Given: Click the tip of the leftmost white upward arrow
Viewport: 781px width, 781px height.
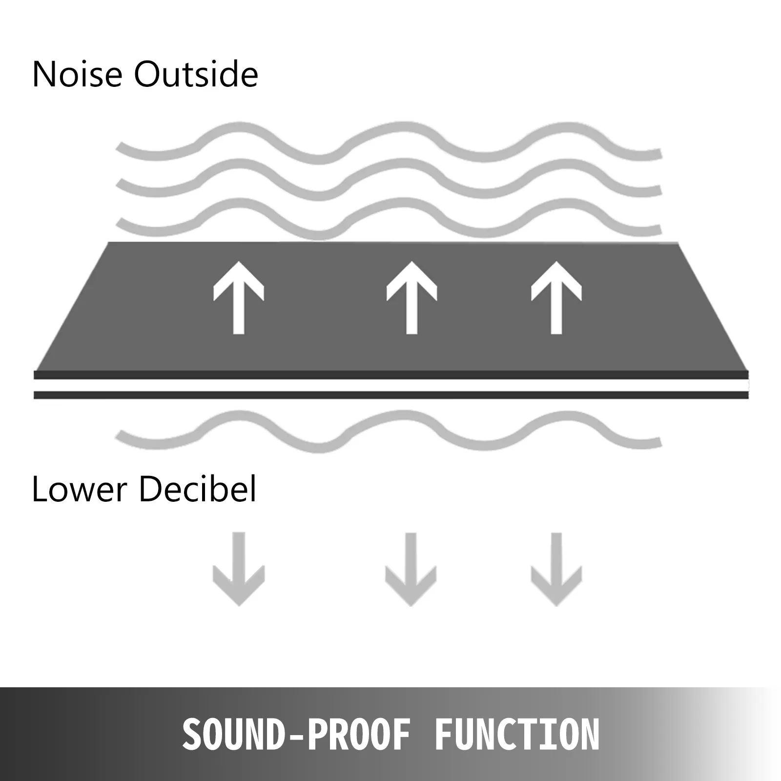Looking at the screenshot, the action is [239, 262].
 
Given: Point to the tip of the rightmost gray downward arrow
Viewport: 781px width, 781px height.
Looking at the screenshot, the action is [556, 607].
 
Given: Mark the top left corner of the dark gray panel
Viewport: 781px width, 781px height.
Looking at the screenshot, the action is [108, 242].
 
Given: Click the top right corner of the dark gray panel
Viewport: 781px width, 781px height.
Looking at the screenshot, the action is [678, 242].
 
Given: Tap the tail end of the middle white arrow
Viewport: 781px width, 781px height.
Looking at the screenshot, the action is [411, 334].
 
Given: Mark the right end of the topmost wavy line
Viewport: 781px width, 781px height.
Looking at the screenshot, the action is [659, 154].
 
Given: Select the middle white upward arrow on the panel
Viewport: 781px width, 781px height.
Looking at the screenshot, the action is [411, 298].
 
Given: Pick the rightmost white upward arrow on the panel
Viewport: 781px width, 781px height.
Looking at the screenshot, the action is [556, 298].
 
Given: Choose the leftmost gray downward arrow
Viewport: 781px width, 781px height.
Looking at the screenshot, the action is [239, 570].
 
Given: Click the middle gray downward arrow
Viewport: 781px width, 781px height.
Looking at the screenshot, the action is [411, 570].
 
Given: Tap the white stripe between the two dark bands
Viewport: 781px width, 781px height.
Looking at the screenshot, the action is [391, 385].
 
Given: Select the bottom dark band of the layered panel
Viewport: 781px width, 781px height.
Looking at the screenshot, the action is [391, 395].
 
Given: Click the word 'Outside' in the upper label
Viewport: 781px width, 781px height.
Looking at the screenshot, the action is [196, 74].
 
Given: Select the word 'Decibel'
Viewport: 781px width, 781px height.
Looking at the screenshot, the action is [198, 489].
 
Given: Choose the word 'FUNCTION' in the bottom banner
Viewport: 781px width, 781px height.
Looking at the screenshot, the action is [517, 734].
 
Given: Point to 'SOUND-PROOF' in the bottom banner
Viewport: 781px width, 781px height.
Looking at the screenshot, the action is [296, 734].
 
